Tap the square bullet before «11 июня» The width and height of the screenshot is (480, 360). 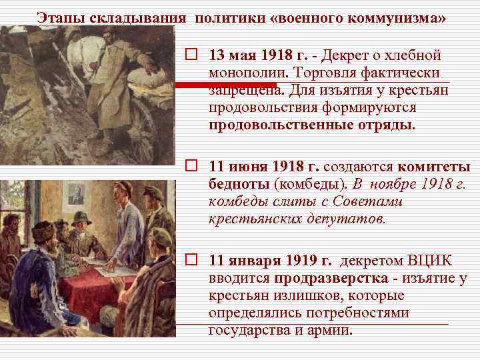click(x=191, y=166)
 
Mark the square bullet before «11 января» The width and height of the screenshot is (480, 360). click(x=191, y=261)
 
